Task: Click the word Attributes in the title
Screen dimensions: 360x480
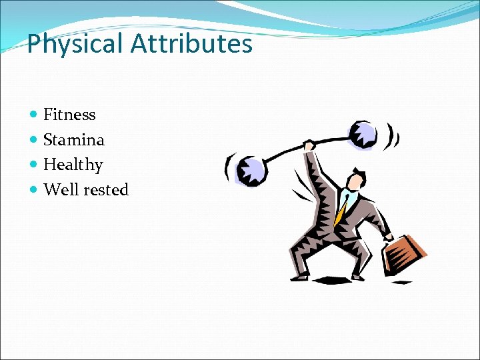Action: pyautogui.click(x=191, y=44)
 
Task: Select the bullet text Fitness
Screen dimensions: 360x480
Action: pyautogui.click(x=69, y=115)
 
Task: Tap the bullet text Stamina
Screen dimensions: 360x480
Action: pyautogui.click(x=74, y=140)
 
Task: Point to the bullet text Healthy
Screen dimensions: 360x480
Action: pyautogui.click(x=73, y=165)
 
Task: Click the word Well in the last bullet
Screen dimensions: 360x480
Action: pyautogui.click(x=61, y=190)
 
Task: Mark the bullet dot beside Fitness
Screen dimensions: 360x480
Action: pyautogui.click(x=35, y=115)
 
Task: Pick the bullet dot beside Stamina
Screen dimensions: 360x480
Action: pyautogui.click(x=35, y=141)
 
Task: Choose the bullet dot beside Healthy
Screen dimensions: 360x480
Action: pyautogui.click(x=35, y=165)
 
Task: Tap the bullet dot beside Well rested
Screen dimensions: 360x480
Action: pyautogui.click(x=35, y=191)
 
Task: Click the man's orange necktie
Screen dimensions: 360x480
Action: pyautogui.click(x=341, y=211)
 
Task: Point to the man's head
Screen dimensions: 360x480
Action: pyautogui.click(x=353, y=179)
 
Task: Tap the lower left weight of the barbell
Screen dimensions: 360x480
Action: pyautogui.click(x=253, y=171)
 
